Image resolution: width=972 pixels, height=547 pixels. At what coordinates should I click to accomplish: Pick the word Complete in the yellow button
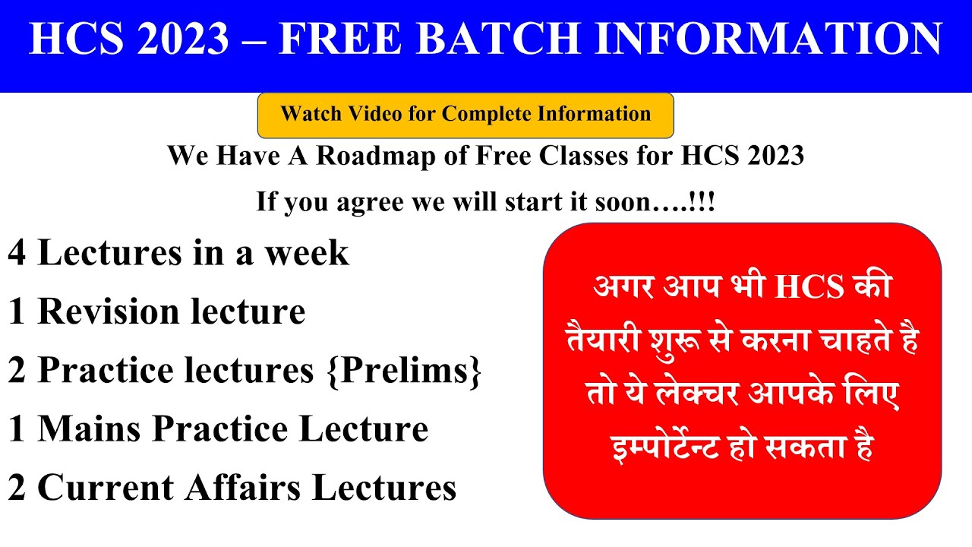[487, 115]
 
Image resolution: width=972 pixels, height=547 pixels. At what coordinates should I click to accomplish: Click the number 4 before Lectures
[17, 253]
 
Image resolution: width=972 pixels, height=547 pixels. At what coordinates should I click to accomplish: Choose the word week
[307, 253]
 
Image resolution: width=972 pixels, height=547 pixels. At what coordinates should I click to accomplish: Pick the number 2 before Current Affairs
[17, 488]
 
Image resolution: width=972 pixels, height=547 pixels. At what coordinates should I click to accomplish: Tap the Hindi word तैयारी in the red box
[606, 343]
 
